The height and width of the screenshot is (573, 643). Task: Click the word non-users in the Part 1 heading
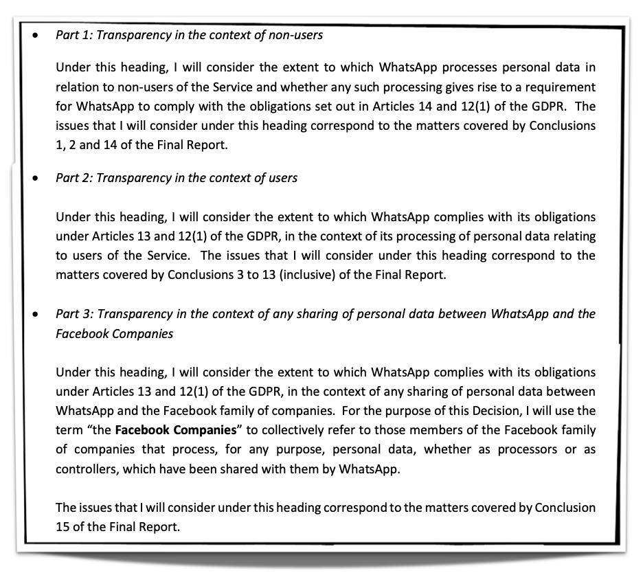(x=297, y=36)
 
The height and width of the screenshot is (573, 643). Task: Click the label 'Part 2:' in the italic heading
(x=74, y=178)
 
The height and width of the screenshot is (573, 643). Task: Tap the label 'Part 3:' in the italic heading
(x=74, y=314)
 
